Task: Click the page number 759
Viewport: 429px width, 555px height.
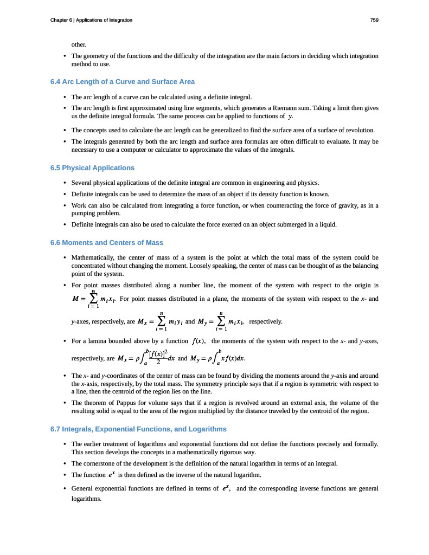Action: [x=374, y=20]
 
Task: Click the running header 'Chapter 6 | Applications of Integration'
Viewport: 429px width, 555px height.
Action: [x=91, y=20]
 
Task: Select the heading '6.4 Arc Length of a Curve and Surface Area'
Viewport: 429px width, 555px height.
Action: [x=122, y=81]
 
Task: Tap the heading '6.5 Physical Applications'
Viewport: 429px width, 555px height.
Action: [x=92, y=167]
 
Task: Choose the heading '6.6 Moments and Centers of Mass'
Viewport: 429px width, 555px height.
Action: [x=106, y=242]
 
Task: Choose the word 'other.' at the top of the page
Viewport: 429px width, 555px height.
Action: [x=79, y=44]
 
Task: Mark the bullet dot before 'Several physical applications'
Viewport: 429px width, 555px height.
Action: [x=65, y=183]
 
